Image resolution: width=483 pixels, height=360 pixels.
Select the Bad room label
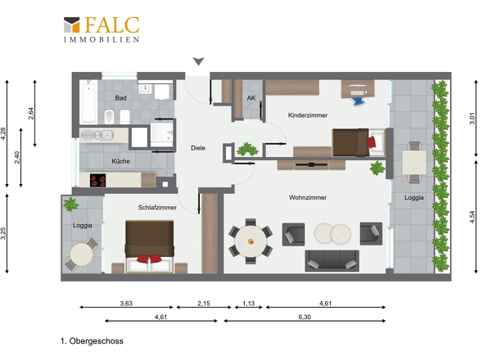[121, 98]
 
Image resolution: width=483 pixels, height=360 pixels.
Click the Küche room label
[120, 161]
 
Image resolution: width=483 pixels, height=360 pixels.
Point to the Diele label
[197, 148]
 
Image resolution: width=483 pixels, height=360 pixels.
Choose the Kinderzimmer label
[308, 116]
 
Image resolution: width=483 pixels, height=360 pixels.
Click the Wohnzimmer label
[308, 197]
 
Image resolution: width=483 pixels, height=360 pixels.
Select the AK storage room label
[251, 98]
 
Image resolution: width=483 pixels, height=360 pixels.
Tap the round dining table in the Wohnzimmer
[251, 240]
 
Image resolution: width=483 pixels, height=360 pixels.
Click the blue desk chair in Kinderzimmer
[359, 97]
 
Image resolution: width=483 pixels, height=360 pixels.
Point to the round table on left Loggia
[80, 254]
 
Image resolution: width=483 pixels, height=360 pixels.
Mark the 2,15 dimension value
[203, 304]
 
